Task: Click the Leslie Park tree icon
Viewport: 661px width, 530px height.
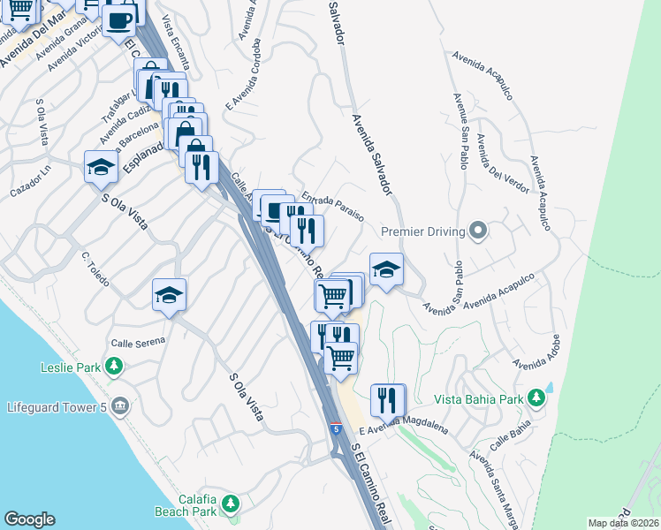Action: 113,366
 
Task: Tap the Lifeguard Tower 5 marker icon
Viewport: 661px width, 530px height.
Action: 120,406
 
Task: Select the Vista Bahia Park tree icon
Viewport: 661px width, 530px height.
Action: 535,399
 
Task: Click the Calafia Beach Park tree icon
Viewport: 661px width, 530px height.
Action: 230,503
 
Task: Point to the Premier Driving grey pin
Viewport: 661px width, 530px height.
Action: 479,231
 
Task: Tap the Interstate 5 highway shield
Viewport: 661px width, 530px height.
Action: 336,428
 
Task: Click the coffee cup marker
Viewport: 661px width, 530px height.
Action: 119,20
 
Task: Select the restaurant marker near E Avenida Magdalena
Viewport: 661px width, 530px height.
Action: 387,400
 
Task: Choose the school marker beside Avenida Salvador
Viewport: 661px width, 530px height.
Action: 386,269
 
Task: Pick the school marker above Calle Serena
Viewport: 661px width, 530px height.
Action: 169,295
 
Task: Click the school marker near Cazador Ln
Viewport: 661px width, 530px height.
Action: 101,166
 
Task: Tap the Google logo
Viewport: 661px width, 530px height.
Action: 29,519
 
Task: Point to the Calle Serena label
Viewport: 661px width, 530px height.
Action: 137,342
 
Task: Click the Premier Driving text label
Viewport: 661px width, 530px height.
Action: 423,232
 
